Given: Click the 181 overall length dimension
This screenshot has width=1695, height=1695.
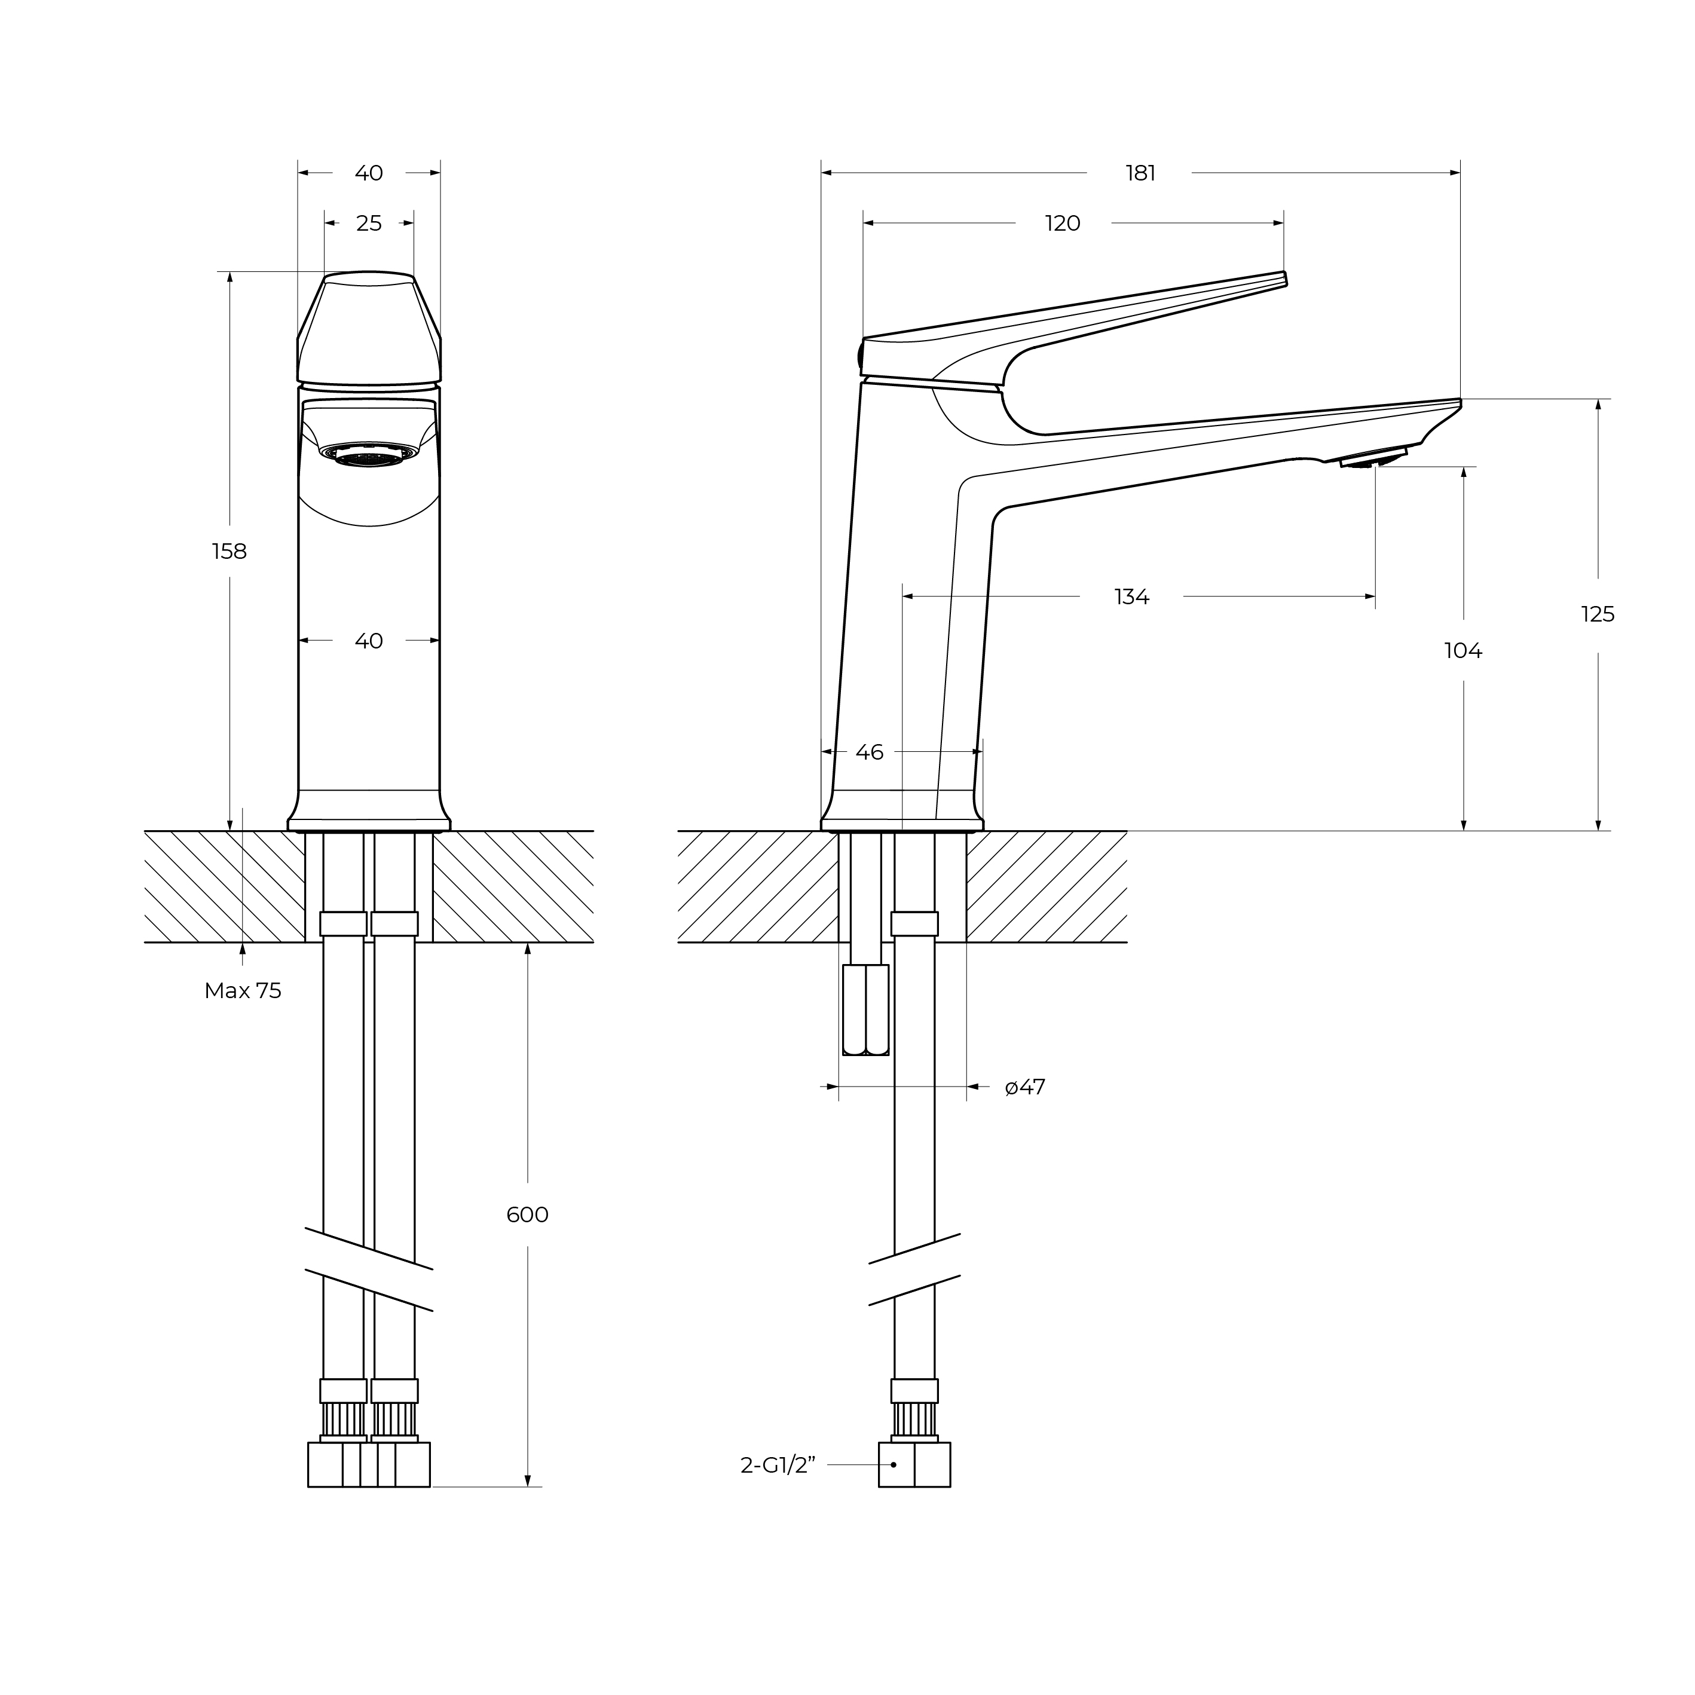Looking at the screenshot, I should tap(1140, 174).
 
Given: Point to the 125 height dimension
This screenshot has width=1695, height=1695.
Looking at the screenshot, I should tap(1597, 615).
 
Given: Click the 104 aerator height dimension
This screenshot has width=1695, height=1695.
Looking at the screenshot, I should tap(1463, 651).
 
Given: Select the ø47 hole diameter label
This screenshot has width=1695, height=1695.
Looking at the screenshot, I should tap(1025, 1088).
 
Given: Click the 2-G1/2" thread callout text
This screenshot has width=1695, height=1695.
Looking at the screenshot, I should tap(778, 1465).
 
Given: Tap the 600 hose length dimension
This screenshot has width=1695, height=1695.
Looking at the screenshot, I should tap(527, 1215).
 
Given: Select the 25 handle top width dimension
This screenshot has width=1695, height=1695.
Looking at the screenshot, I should tap(369, 224).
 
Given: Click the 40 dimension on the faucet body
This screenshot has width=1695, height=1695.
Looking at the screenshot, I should tap(369, 641).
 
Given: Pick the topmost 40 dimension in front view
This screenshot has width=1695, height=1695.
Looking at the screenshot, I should tap(369, 174).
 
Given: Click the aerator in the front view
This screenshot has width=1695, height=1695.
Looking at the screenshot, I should tap(369, 454).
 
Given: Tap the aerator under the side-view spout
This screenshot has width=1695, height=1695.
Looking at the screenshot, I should tap(1371, 459).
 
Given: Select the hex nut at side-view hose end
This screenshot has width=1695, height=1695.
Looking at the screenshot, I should tap(914, 1465).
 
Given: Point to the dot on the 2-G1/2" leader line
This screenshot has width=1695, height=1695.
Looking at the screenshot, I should tap(893, 1465).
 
